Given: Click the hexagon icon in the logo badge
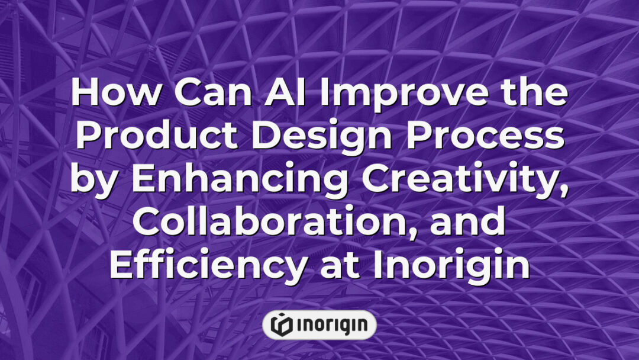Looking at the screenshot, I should coord(281,324).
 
